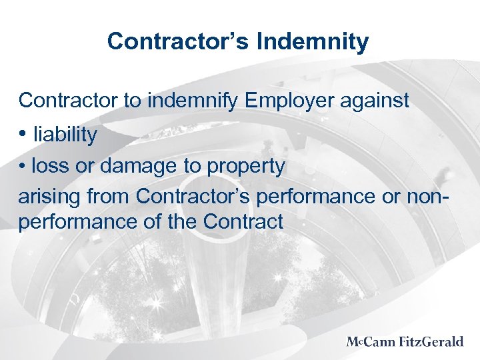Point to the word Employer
[x=287, y=101]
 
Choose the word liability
[x=65, y=135]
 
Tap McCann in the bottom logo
[x=372, y=342]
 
